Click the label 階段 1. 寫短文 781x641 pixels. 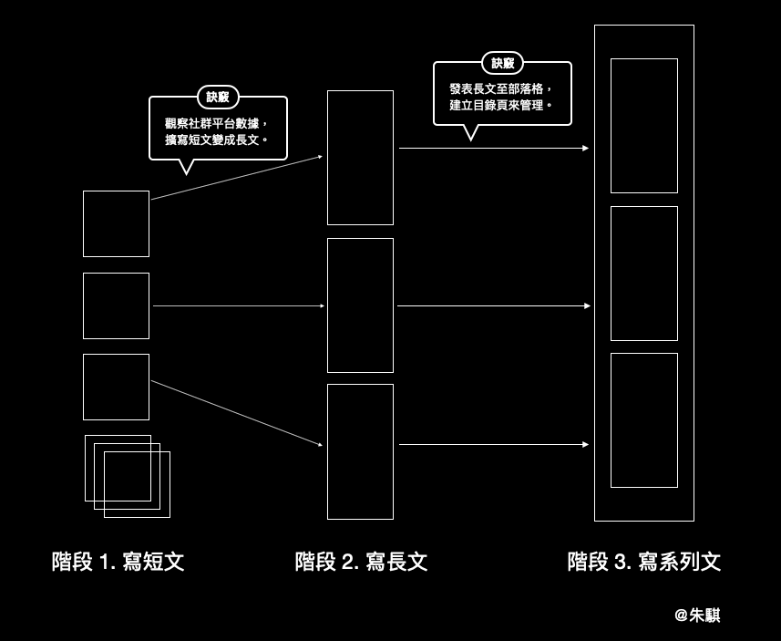[x=118, y=562]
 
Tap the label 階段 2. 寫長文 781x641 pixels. [x=361, y=562]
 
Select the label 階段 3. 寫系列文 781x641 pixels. [x=643, y=562]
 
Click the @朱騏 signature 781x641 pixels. [x=697, y=615]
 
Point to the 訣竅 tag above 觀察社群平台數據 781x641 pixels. [x=218, y=97]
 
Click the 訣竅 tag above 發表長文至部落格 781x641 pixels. [x=502, y=63]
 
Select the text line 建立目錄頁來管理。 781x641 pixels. [x=501, y=106]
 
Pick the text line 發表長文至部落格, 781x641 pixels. [x=501, y=88]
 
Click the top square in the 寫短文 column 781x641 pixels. [x=116, y=223]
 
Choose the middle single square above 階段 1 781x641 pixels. [x=116, y=305]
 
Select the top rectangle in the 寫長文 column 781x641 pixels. [x=360, y=157]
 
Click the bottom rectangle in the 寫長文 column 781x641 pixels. [x=360, y=451]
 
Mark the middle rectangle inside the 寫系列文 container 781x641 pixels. [x=644, y=274]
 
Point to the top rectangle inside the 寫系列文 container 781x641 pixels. [x=644, y=126]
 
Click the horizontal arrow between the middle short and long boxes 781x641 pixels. [x=238, y=306]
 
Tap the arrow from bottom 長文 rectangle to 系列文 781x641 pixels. [x=493, y=445]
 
